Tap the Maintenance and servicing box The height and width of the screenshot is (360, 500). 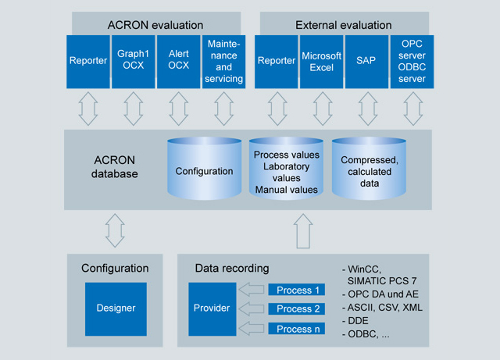pos(225,61)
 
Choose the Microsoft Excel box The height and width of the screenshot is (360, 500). pos(322,61)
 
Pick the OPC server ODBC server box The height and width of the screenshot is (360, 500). pos(412,61)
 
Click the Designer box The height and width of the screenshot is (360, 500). pos(115,308)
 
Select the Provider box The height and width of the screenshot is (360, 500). pos(211,308)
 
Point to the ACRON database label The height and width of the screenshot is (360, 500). pos(109,166)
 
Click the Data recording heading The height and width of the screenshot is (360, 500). pos(232,269)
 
